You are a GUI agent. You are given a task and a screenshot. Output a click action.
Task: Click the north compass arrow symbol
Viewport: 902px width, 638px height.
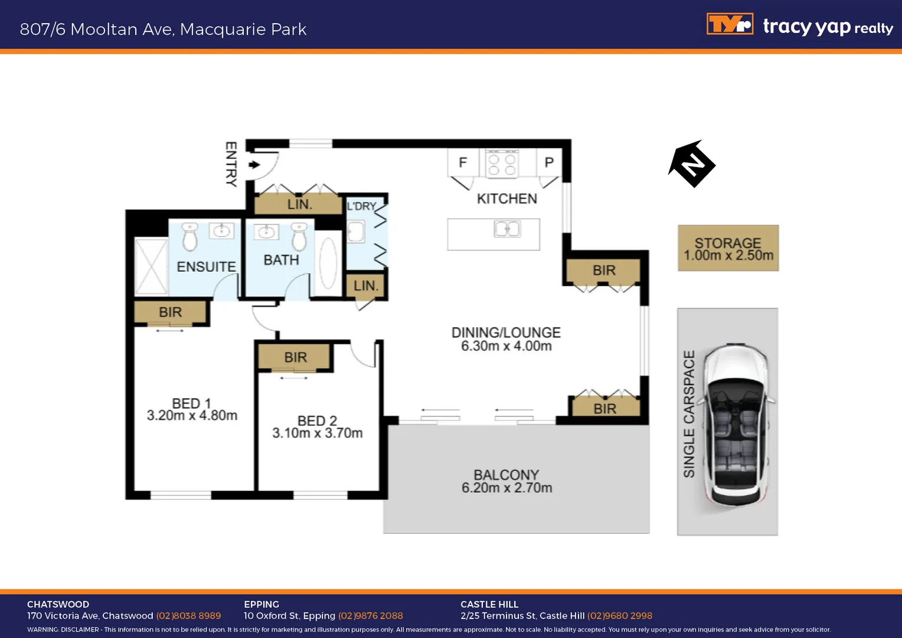[x=692, y=164]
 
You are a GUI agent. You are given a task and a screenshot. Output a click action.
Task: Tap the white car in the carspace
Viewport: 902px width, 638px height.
[x=736, y=424]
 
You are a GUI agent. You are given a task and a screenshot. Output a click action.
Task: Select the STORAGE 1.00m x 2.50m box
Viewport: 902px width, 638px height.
[x=728, y=249]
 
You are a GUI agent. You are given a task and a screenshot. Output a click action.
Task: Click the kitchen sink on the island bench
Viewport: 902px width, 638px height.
[x=507, y=229]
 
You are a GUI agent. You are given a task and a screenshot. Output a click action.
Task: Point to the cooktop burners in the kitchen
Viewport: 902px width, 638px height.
[x=502, y=164]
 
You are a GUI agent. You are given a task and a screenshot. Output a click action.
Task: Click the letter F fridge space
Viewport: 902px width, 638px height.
[x=463, y=162]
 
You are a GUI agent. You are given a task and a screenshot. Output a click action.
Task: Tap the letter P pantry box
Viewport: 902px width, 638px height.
[x=549, y=162]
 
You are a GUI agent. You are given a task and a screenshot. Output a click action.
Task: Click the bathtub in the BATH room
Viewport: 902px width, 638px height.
[x=328, y=263]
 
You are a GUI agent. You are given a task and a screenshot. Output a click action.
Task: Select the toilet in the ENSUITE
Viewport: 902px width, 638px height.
[x=189, y=237]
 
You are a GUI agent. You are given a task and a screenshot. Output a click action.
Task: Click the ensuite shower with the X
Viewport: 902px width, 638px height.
[x=151, y=266]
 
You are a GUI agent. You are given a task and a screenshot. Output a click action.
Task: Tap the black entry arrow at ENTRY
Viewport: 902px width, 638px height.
[x=254, y=165]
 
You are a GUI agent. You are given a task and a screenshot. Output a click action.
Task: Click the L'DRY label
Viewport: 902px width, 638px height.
[x=361, y=206]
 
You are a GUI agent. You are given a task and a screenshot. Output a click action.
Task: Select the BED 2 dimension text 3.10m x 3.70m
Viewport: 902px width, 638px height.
[x=317, y=433]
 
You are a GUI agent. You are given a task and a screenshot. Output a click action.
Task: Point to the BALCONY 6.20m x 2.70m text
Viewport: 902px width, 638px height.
[x=506, y=482]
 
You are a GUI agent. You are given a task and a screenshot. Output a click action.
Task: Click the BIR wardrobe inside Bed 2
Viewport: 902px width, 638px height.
[x=295, y=357]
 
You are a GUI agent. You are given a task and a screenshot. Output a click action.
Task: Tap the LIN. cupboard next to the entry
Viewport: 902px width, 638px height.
[x=299, y=204]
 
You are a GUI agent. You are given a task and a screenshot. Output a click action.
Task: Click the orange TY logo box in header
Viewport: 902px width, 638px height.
[x=730, y=24]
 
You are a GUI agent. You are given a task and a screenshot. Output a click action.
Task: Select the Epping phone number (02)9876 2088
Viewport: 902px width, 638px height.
[x=370, y=616]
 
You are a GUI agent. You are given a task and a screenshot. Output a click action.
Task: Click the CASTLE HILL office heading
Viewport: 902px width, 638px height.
[x=489, y=604]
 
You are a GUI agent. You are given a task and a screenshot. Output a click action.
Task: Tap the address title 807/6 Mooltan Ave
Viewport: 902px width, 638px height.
[x=163, y=29]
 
